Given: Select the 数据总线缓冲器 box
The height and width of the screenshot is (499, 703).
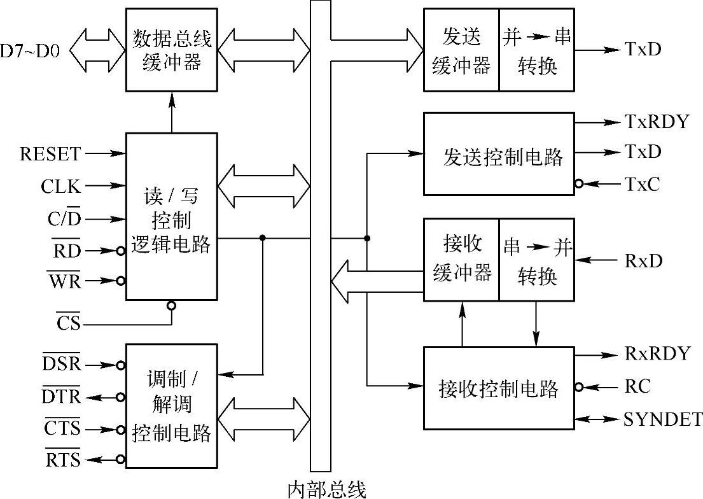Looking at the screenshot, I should tap(171, 50).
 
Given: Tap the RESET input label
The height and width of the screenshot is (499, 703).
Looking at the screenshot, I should tap(51, 154).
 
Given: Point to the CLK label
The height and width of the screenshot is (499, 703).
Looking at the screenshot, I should tap(61, 186).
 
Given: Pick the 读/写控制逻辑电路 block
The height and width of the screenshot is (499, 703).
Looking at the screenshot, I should tap(171, 216).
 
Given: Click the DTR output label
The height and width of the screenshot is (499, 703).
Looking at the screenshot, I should tap(62, 397).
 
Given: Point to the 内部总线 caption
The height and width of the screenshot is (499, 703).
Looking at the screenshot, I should tap(327, 489).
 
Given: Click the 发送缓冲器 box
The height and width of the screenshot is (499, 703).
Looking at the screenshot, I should tap(461, 50).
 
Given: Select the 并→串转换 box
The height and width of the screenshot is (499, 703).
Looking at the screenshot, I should tap(536, 50).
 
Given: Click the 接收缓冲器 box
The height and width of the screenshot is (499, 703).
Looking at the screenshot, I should tap(461, 259).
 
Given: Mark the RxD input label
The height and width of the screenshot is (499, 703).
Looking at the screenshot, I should tap(643, 260).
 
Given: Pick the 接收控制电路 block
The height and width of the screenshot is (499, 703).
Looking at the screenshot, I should tap(499, 388).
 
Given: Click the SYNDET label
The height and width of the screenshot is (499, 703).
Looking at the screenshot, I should tap(663, 419).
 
